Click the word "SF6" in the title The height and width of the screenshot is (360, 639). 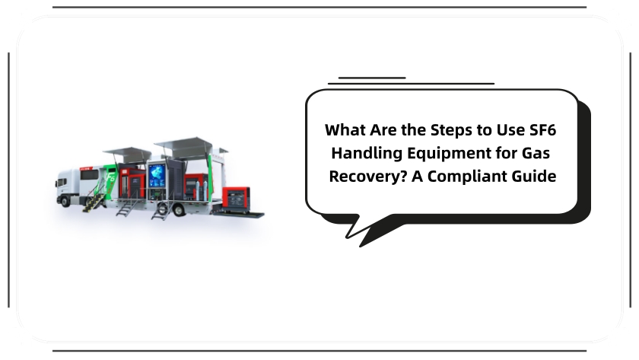542,130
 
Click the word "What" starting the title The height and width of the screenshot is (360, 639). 345,130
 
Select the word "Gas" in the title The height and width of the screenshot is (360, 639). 536,153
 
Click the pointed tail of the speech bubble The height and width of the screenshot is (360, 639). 361,245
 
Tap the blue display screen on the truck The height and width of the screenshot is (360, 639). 157,176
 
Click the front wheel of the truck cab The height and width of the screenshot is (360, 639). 65,201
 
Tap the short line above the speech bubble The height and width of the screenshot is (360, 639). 372,78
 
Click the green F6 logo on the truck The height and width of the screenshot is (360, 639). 110,178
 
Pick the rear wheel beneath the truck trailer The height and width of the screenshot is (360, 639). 178,209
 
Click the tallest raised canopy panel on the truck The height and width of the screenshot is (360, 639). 183,144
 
